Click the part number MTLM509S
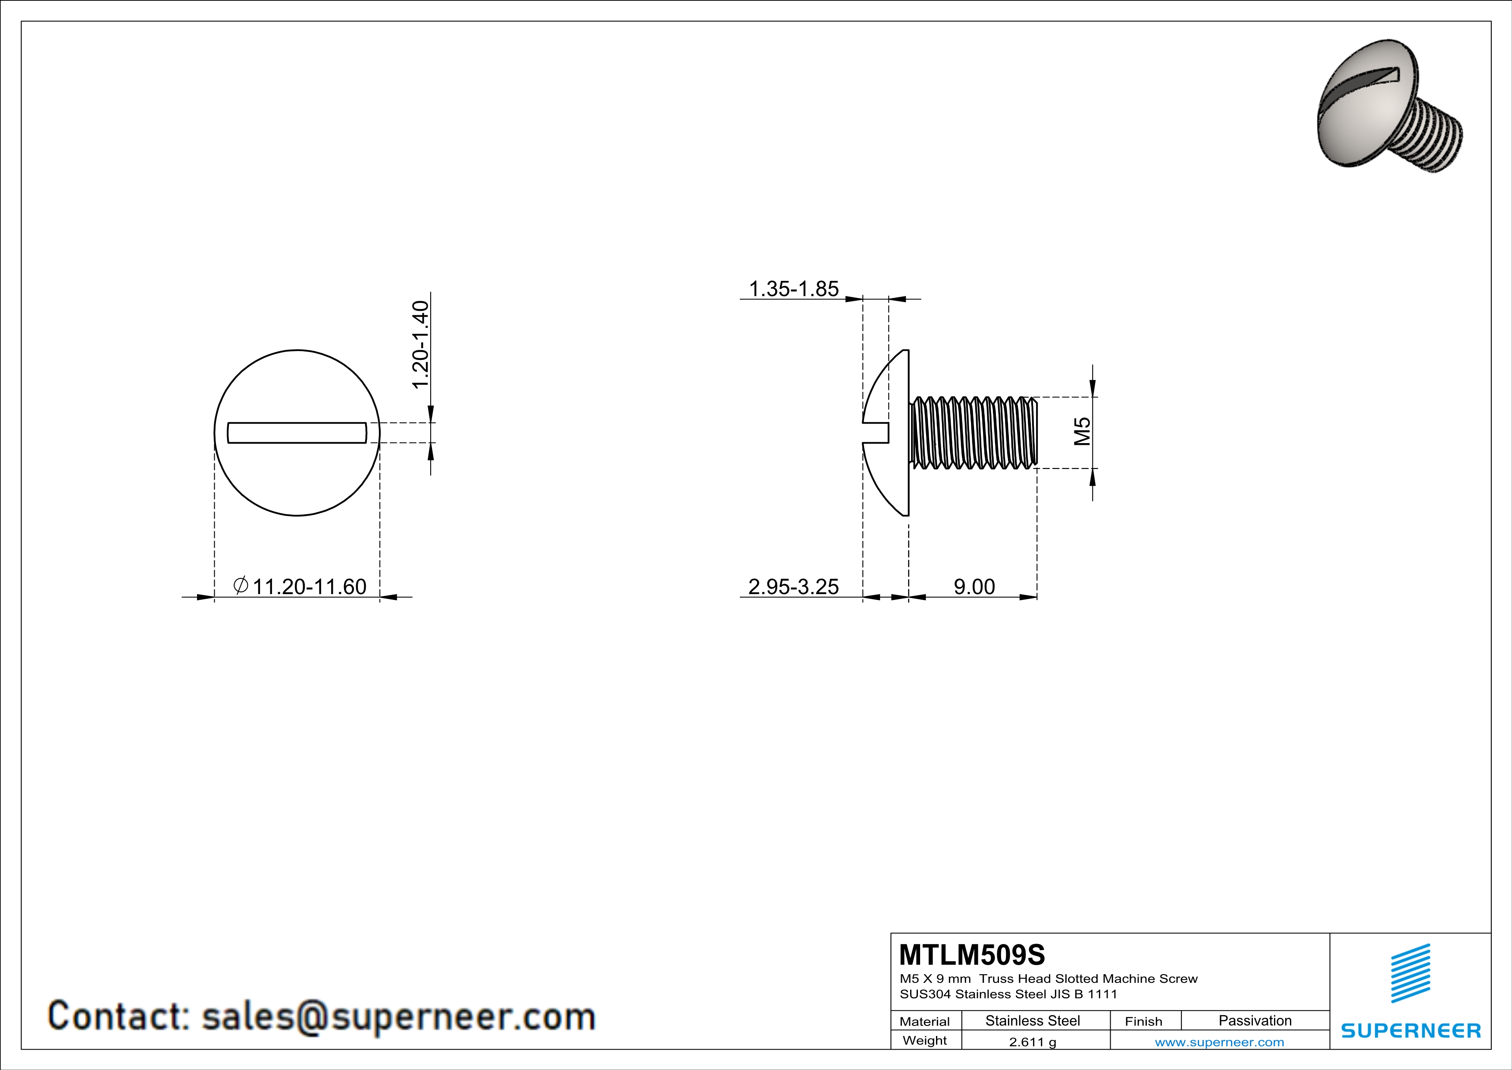click(x=971, y=955)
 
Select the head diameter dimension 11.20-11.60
click(x=309, y=586)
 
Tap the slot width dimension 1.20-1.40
click(x=420, y=345)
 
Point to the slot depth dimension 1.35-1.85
click(x=794, y=289)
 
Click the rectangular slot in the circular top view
click(x=297, y=433)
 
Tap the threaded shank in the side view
click(x=974, y=433)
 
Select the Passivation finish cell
click(x=1255, y=1020)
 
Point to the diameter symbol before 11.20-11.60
click(x=241, y=585)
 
